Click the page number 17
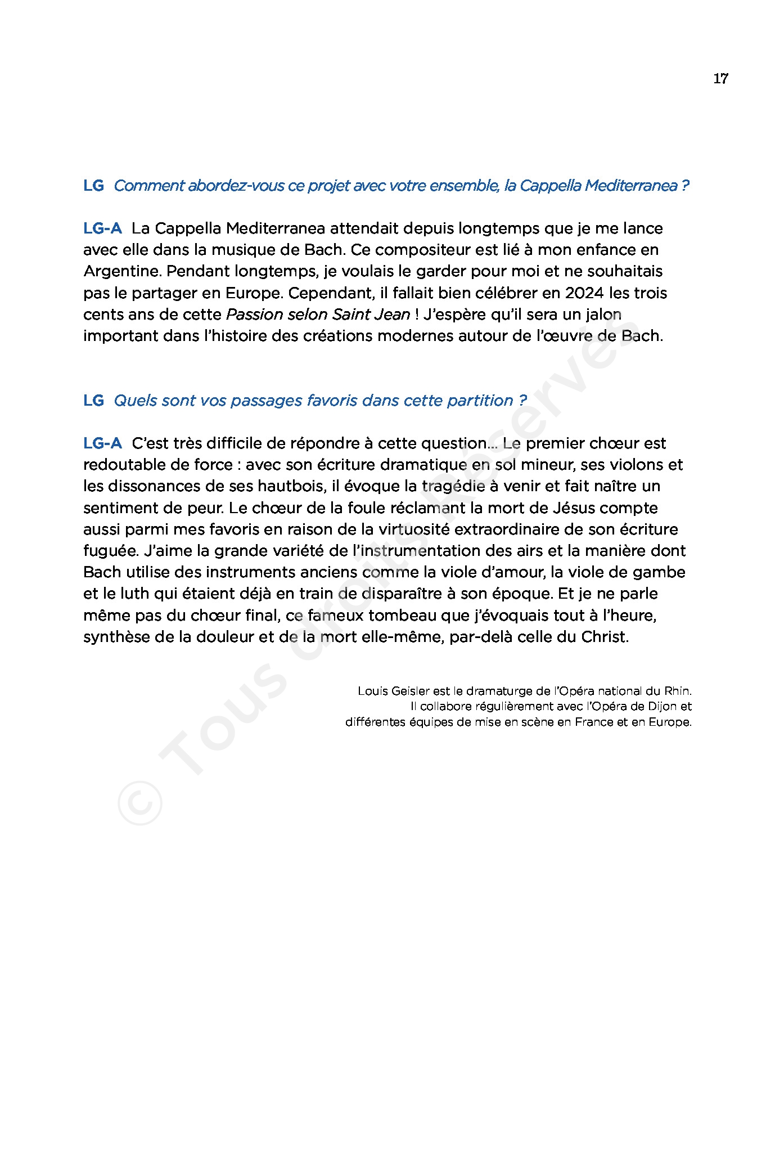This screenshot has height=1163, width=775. pos(720,79)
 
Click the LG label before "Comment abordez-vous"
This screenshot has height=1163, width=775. pos(93,186)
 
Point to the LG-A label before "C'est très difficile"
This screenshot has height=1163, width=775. pos(102,443)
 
